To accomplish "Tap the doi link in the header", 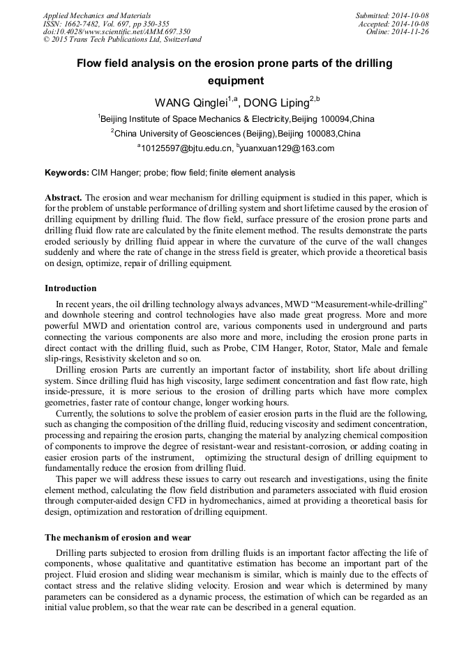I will point(117,32).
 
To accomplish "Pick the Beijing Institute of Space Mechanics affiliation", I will point(236,119).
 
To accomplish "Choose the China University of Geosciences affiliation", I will point(236,133).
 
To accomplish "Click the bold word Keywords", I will point(67,173).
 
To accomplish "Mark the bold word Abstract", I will point(63,198).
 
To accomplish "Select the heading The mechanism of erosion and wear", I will point(117,537).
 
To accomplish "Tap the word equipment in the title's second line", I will point(236,81).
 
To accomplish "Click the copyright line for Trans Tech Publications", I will point(122,40).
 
